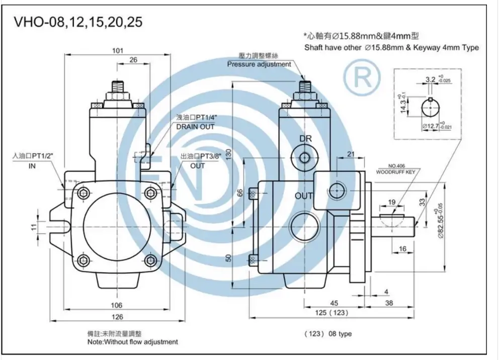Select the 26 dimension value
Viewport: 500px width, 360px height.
tap(133, 60)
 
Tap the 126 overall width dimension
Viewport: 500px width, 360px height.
tap(117, 317)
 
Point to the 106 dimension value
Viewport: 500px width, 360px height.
tap(117, 305)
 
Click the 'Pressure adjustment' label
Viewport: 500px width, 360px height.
tap(259, 64)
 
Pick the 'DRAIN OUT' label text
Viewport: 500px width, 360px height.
tap(195, 127)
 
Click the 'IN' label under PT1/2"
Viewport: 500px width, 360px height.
tap(32, 166)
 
